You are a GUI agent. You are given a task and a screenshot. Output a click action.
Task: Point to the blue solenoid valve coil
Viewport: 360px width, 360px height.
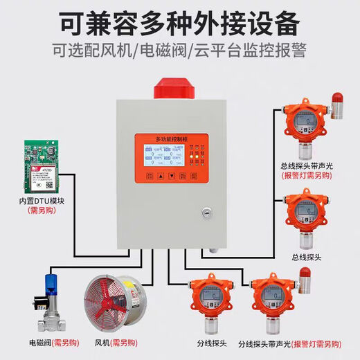[49, 285]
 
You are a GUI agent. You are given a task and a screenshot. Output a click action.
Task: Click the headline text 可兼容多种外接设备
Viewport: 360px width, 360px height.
[179, 24]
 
